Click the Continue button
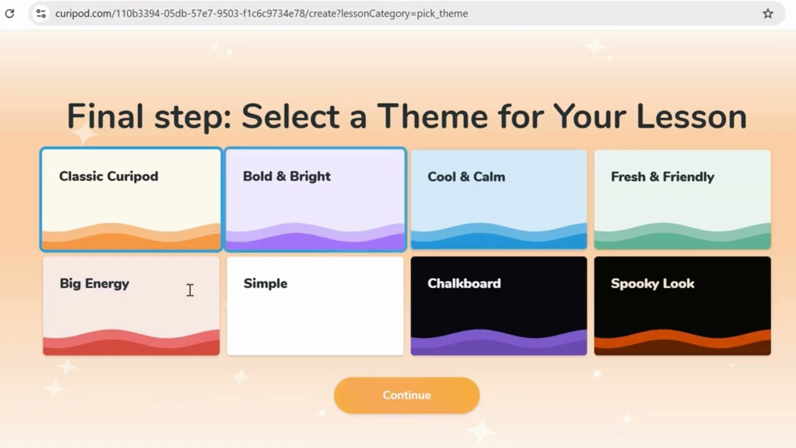[x=407, y=395]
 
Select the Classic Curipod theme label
[x=109, y=176]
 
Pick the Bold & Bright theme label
[x=287, y=176]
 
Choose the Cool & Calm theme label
[x=466, y=177]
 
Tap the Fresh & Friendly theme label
[x=662, y=177]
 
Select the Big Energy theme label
[x=95, y=283]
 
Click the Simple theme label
[x=266, y=283]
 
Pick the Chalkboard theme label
[x=464, y=283]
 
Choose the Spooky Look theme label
[x=652, y=283]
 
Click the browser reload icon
[x=10, y=13]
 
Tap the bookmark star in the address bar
[x=768, y=13]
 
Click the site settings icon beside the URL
[x=41, y=13]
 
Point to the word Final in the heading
[x=104, y=116]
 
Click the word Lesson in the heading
[x=691, y=116]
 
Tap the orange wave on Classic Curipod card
[x=131, y=240]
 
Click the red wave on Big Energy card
[x=131, y=344]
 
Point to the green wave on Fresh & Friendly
[x=682, y=239]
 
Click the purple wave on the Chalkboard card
[x=499, y=344]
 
